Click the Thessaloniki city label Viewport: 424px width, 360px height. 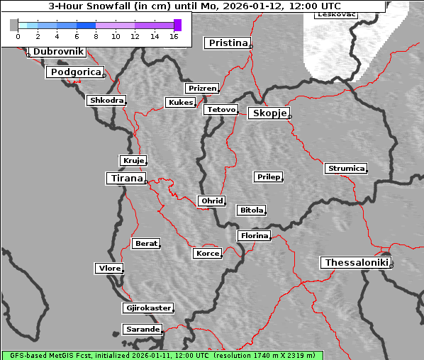click(357, 263)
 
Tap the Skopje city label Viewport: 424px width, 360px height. click(269, 113)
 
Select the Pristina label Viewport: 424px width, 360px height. click(228, 43)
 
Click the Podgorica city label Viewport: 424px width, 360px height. click(74, 72)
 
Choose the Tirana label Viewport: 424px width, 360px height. click(125, 179)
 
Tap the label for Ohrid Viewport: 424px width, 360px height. click(211, 201)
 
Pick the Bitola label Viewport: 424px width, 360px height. click(251, 210)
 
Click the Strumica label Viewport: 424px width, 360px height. click(346, 169)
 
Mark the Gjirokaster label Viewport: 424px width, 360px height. click(147, 308)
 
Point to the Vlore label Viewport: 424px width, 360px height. click(108, 268)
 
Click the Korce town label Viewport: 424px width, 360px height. click(207, 253)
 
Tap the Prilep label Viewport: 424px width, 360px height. click(268, 176)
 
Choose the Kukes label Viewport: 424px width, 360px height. click(180, 103)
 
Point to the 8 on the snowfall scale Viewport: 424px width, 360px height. click(96, 35)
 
